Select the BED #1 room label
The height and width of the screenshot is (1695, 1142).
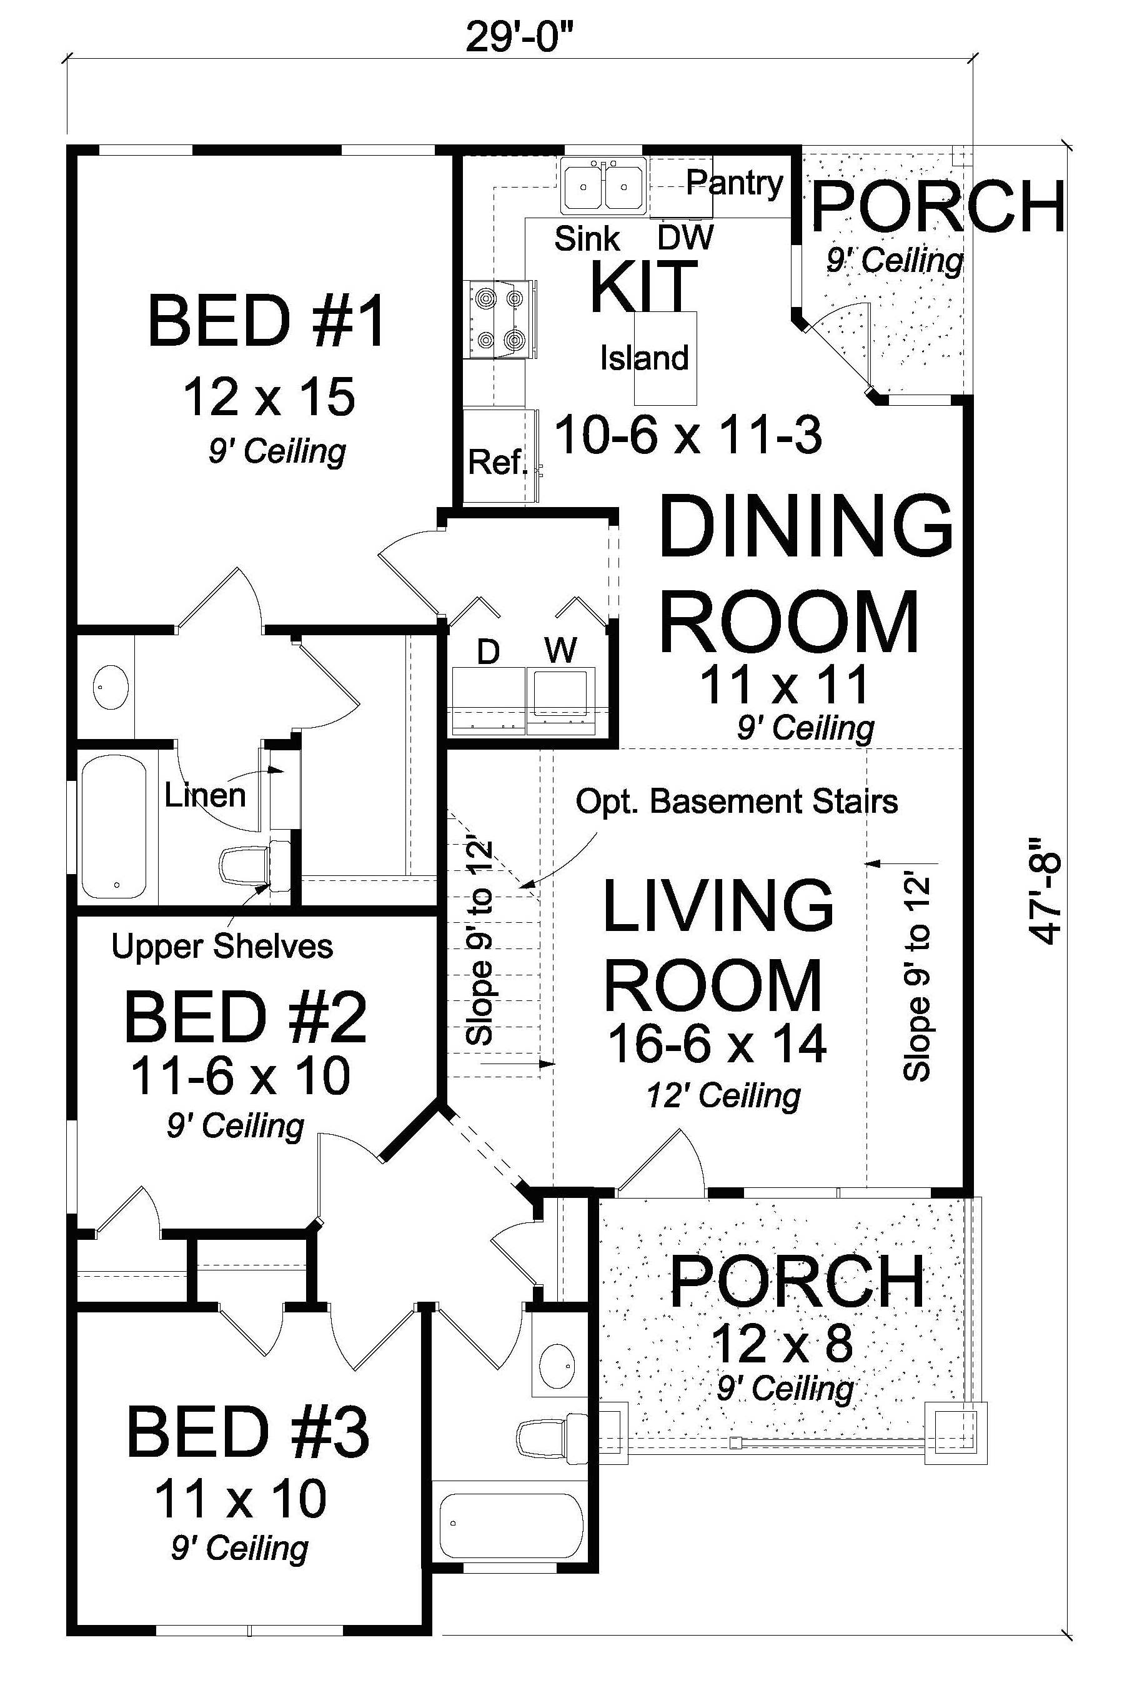coord(267,322)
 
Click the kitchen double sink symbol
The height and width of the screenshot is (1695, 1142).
coord(603,186)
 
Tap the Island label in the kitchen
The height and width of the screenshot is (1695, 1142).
coord(644,358)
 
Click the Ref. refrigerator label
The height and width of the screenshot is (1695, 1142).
coord(497,462)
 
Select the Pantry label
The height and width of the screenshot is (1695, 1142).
coord(734,183)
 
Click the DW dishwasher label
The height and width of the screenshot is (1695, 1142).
coord(685,238)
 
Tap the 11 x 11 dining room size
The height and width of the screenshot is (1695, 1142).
coord(785,685)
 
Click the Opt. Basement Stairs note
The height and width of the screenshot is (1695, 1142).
coord(737,802)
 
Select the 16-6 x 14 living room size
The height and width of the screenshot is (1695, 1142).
coord(717,1044)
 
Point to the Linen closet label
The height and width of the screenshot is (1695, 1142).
coord(206,795)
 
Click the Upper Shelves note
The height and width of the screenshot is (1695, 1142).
coord(222,947)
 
